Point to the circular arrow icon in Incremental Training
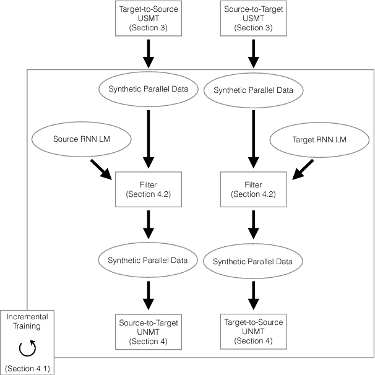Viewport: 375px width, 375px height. [28, 349]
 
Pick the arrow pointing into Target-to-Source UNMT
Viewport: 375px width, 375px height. [252, 295]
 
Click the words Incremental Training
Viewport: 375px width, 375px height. [28, 321]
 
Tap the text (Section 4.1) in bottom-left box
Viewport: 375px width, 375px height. [28, 369]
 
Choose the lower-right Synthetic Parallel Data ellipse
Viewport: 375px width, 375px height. [252, 262]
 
